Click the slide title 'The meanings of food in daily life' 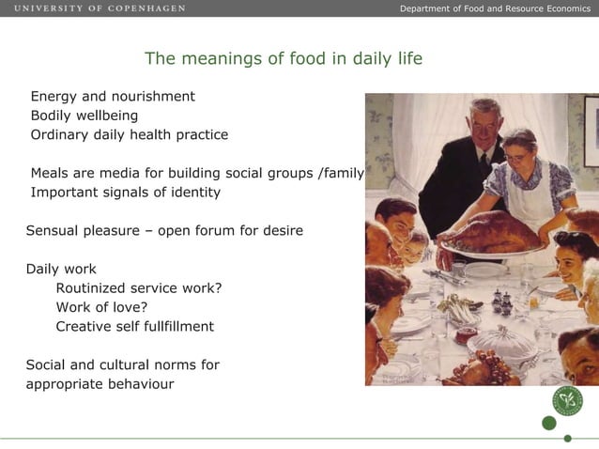click(x=284, y=59)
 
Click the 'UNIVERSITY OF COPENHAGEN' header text click(x=100, y=8)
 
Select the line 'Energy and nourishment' click(x=113, y=96)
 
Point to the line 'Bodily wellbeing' click(x=84, y=116)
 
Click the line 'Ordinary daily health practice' click(x=130, y=134)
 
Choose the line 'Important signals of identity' click(x=126, y=193)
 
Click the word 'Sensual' click(x=54, y=230)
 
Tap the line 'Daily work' click(x=61, y=269)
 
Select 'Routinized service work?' click(x=139, y=288)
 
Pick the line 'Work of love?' click(x=102, y=307)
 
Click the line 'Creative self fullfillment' click(x=135, y=327)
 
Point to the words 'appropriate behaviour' click(x=100, y=384)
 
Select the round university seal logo click(x=567, y=401)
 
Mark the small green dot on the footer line click(x=567, y=438)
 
